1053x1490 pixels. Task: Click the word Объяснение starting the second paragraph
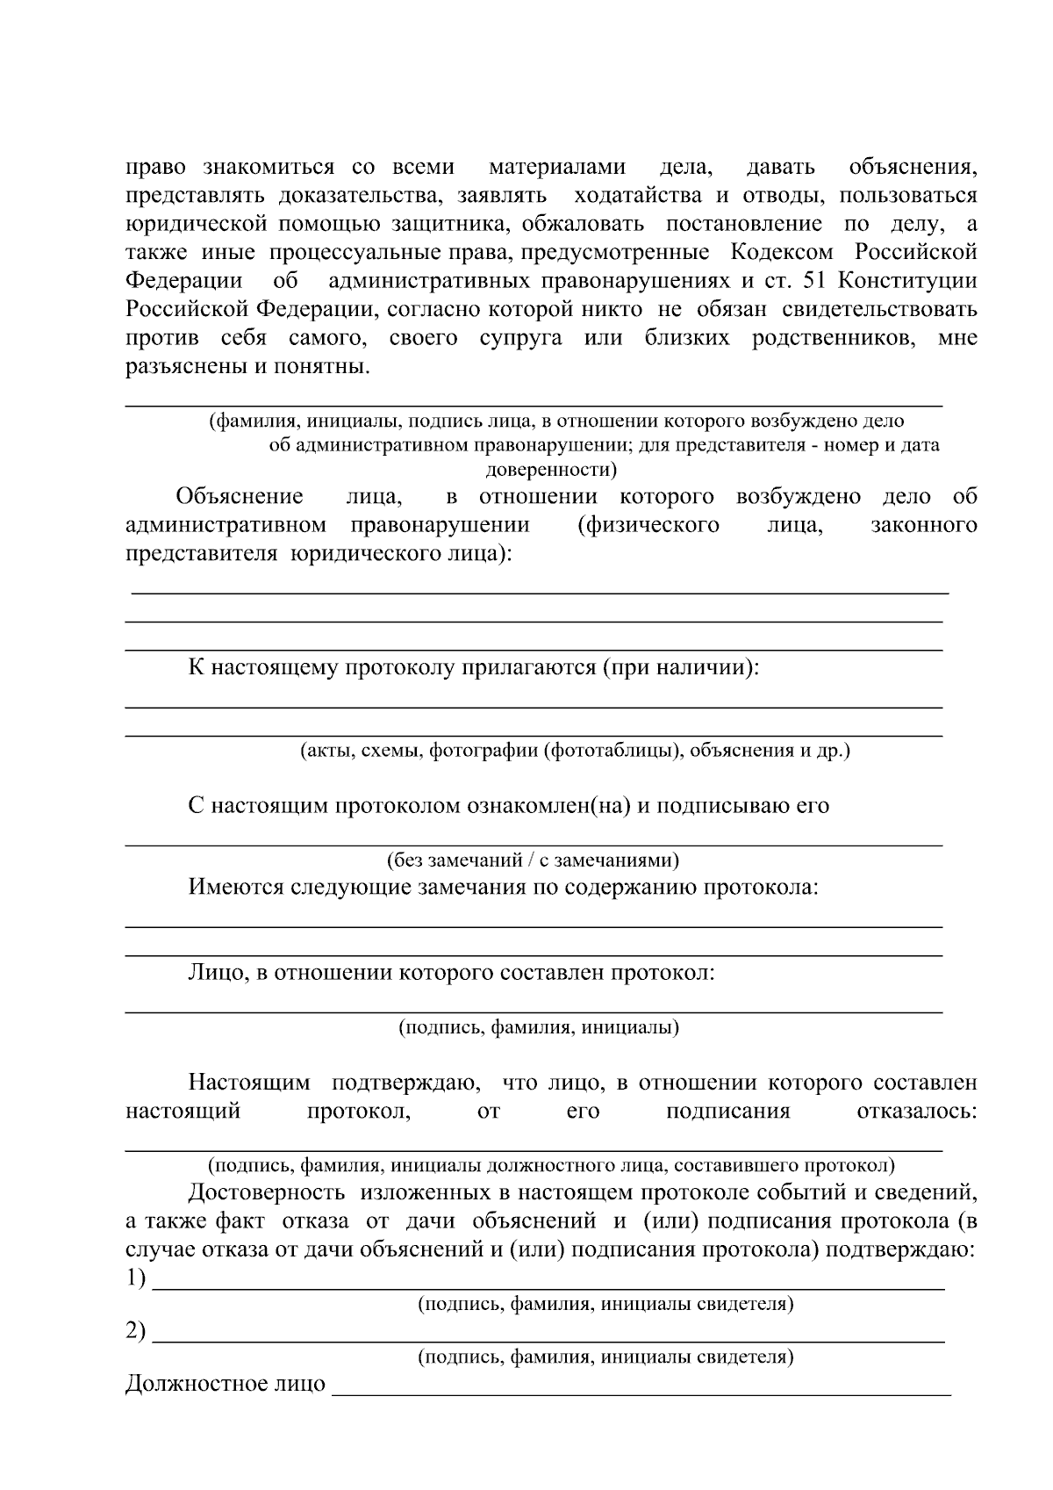click(240, 497)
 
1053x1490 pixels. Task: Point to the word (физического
click(648, 525)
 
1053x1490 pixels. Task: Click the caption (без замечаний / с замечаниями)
click(533, 860)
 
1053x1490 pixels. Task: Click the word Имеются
click(225, 887)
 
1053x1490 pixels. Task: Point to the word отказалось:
click(916, 1112)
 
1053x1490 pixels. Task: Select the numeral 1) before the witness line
click(136, 1278)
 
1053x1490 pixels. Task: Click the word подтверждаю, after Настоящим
click(405, 1083)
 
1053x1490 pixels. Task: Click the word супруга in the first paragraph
click(520, 338)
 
